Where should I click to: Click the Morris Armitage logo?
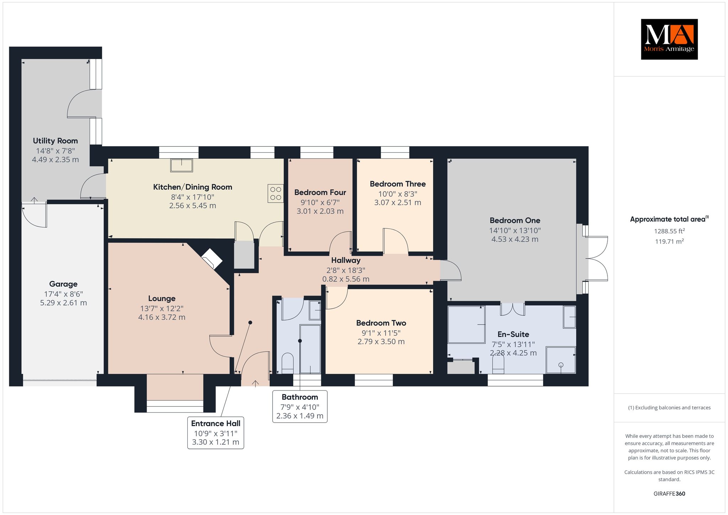point(669,39)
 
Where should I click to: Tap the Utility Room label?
point(55,141)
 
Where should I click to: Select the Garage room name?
point(63,284)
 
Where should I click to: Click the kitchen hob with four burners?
point(276,193)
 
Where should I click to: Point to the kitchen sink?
point(182,165)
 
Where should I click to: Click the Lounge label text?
point(162,298)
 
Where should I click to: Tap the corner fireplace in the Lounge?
point(212,259)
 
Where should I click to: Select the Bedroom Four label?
point(320,192)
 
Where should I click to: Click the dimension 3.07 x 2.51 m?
point(397,202)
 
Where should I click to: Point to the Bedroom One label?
point(515,221)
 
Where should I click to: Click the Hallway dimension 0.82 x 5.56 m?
point(346,279)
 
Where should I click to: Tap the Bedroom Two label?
point(381,323)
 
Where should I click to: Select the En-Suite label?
point(513,334)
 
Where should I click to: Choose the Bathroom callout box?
point(300,407)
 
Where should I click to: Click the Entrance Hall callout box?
point(216,433)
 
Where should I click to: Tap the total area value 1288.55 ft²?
point(669,231)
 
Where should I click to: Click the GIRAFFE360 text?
point(669,494)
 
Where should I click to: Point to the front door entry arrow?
point(255,383)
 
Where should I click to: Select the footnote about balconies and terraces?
point(669,408)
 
